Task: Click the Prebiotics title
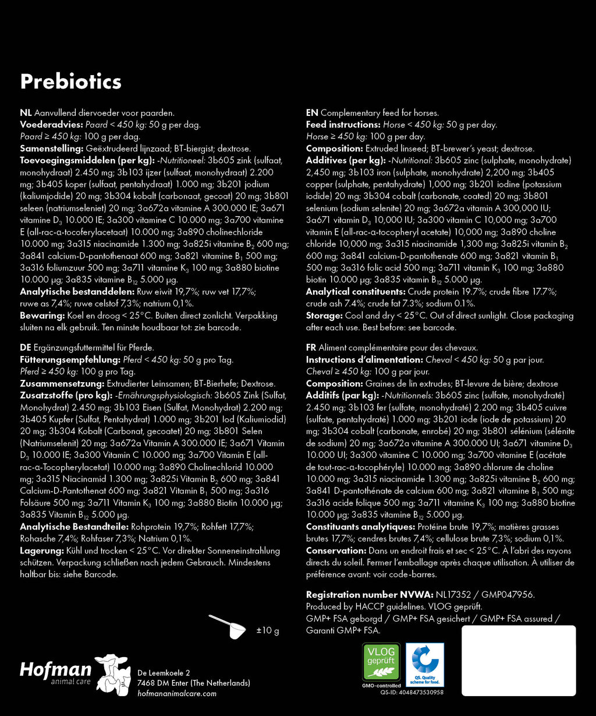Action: point(70,82)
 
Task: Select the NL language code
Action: point(26,113)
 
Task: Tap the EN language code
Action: point(312,113)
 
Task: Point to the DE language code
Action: point(26,348)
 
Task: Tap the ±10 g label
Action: point(268,630)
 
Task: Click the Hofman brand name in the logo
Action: point(55,669)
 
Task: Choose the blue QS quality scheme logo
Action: point(425,664)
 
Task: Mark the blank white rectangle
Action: point(519,660)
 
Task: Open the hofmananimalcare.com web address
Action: point(177,693)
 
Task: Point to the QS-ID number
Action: point(412,692)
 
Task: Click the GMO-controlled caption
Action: point(381,686)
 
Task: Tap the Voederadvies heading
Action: point(51,125)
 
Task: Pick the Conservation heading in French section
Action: point(335,551)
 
